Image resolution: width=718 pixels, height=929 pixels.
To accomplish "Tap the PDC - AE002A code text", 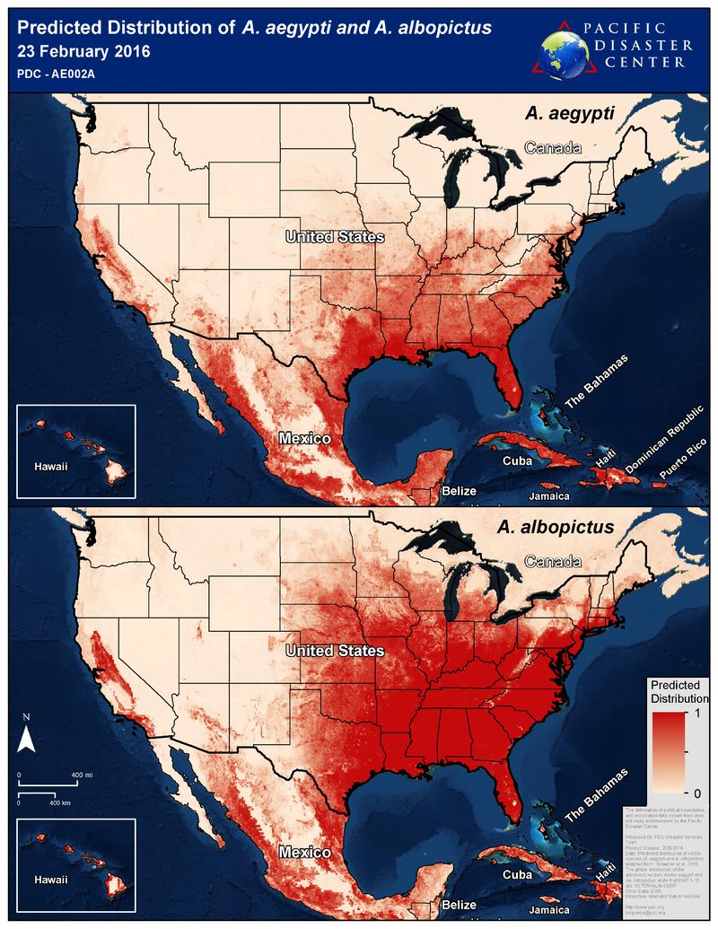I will coord(53,74).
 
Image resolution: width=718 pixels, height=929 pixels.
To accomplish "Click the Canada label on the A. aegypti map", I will coord(553,148).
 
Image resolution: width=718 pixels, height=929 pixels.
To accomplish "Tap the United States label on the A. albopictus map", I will coord(335,650).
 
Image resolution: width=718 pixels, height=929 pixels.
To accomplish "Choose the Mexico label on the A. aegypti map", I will coord(304,439).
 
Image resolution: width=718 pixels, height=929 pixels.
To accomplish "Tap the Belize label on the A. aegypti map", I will coord(459,491).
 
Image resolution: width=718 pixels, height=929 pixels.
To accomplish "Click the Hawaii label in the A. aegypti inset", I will coord(50,467).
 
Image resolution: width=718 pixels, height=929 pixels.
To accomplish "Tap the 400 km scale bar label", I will coord(60,802).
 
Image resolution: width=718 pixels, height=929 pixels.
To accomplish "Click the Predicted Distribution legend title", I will coord(679,691).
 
